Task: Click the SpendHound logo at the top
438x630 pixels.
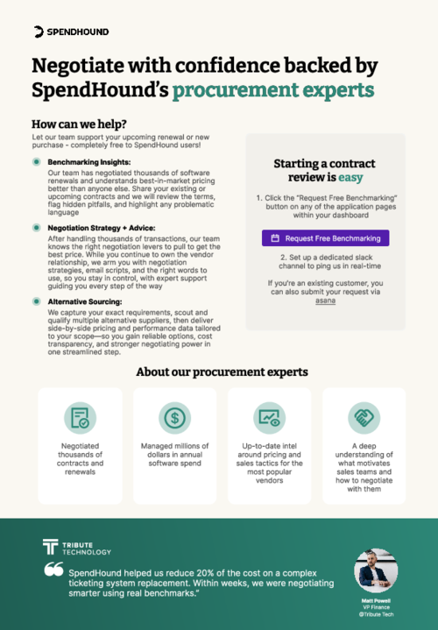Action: tap(72, 32)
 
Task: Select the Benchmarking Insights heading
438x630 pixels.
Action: tap(88, 163)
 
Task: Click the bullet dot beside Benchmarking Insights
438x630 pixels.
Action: tap(36, 163)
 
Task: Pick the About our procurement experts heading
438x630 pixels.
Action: tap(223, 372)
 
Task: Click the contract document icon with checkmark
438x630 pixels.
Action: tap(81, 419)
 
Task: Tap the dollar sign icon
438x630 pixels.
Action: tap(175, 419)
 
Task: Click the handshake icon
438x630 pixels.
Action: tap(364, 419)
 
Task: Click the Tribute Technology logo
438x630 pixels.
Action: tap(77, 548)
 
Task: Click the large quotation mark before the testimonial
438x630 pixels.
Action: tap(53, 570)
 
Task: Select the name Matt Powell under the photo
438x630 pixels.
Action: tap(376, 601)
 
